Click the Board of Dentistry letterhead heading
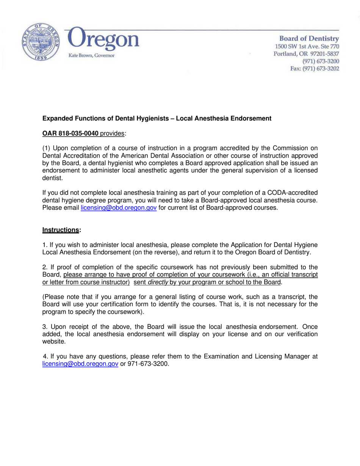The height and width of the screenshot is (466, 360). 309,38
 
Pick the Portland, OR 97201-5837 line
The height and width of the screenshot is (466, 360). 306,54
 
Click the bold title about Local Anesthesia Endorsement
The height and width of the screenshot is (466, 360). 157,118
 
